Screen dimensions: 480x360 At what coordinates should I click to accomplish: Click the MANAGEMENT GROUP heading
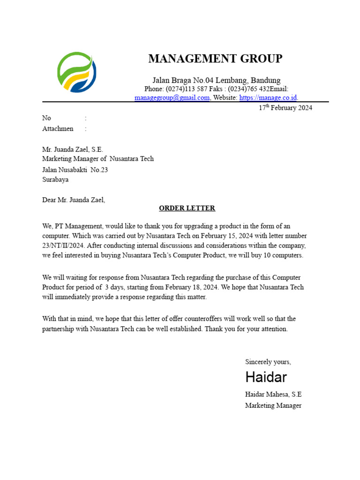(215, 59)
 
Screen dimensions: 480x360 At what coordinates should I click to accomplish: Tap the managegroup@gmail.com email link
(172, 97)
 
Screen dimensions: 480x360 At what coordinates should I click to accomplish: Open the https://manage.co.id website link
(268, 97)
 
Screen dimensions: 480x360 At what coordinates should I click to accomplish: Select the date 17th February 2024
(285, 108)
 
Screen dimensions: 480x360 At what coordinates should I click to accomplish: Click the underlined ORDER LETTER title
(187, 208)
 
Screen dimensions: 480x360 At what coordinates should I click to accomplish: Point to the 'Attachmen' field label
(58, 128)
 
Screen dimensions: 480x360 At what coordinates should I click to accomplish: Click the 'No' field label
(46, 118)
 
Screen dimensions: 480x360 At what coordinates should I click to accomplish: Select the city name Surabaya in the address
(55, 180)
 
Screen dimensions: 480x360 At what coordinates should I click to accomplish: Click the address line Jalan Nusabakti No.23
(75, 170)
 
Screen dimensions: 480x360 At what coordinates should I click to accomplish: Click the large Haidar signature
(266, 377)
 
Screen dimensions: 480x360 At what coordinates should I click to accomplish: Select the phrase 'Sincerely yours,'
(268, 362)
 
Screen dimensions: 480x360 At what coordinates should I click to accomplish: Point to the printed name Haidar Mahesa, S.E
(273, 394)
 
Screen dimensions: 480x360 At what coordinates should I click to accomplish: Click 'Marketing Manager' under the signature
(273, 405)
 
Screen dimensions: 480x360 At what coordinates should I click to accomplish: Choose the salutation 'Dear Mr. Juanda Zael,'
(74, 200)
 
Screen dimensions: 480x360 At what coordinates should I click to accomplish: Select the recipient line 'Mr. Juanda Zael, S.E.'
(73, 150)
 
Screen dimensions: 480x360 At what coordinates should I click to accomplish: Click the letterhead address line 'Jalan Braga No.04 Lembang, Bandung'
(217, 80)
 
